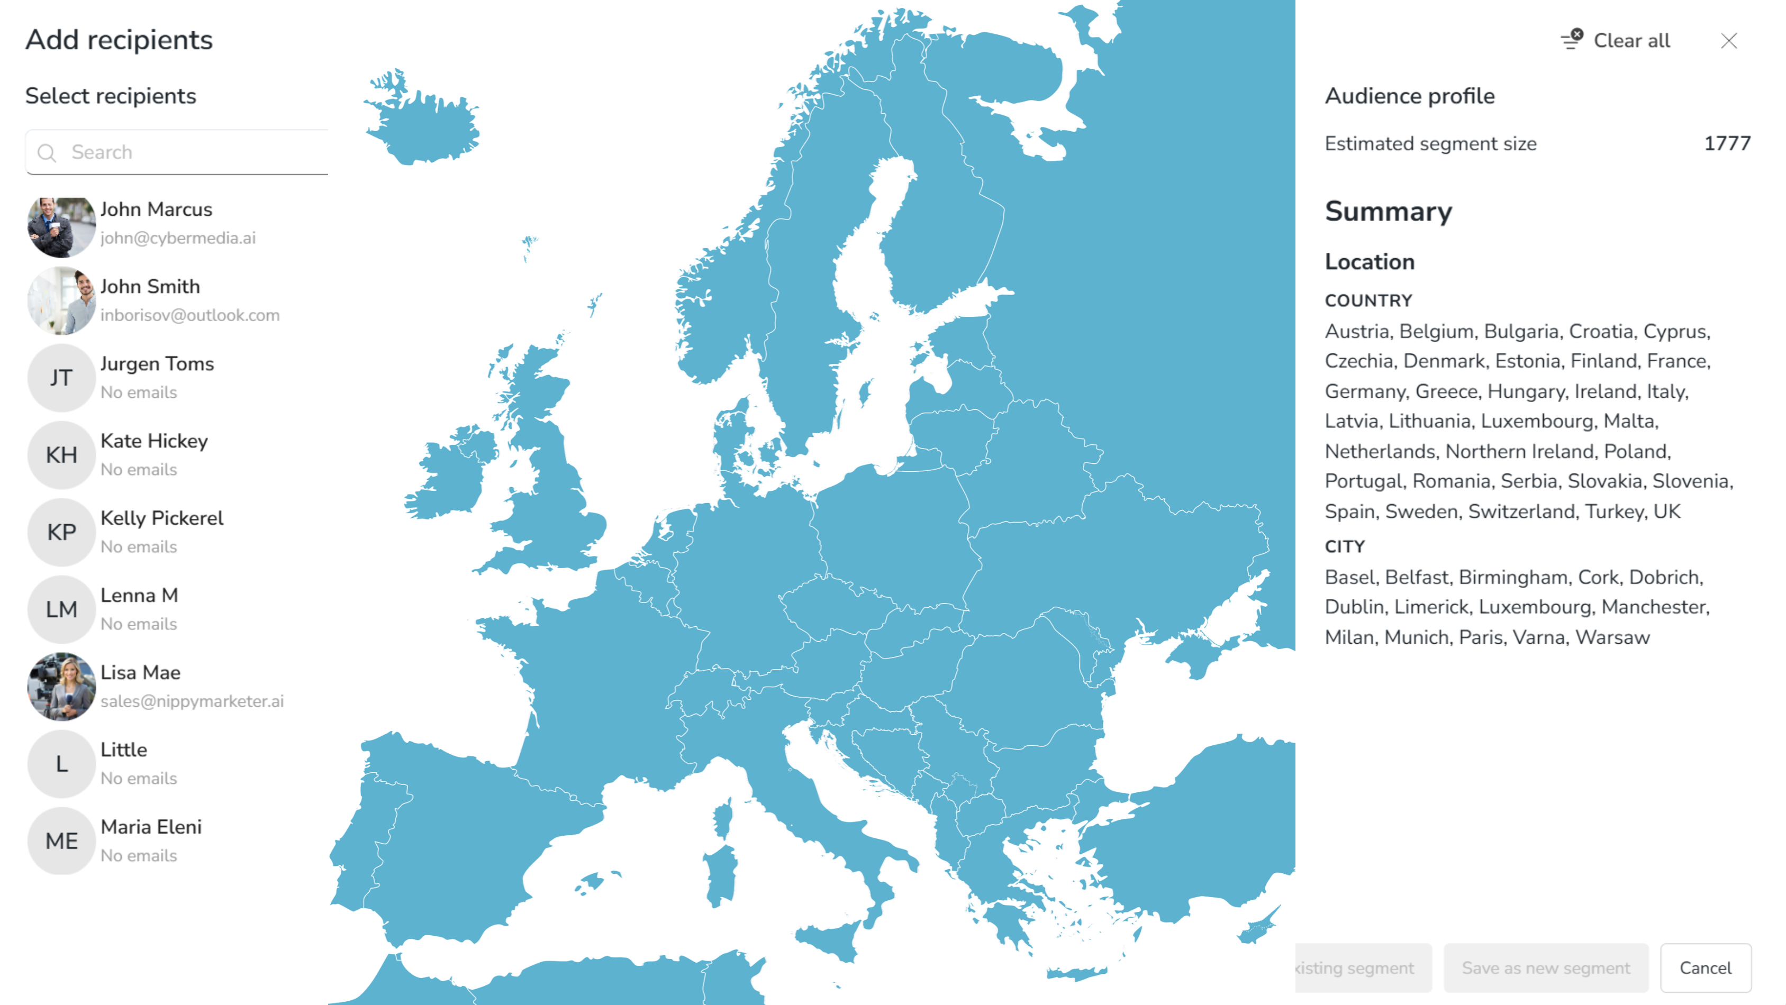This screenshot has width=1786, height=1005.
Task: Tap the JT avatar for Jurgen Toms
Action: (x=61, y=378)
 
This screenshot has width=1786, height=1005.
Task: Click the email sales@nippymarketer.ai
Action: (x=192, y=701)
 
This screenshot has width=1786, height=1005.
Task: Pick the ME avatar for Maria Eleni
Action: (x=61, y=840)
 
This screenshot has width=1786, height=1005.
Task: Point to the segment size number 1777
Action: (x=1727, y=143)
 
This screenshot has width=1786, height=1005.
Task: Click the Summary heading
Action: (x=1388, y=212)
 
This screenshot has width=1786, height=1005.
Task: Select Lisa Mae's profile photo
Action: (x=61, y=686)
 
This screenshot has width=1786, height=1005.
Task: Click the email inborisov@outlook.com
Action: (x=190, y=315)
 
